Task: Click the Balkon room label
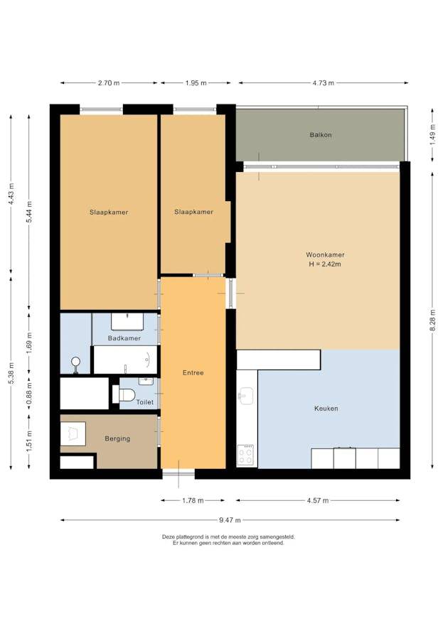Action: (321, 135)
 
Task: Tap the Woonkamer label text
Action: (325, 254)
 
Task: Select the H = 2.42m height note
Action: (325, 264)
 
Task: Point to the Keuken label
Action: (326, 409)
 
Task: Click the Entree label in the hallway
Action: (193, 373)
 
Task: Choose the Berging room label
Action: (117, 438)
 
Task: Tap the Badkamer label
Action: (124, 338)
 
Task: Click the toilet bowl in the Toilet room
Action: (124, 394)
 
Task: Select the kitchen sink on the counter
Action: (245, 396)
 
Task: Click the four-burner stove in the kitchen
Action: (245, 455)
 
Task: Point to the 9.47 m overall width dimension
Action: (230, 520)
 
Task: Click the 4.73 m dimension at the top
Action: (323, 83)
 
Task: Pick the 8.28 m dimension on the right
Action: (432, 320)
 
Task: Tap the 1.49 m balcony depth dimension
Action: (432, 135)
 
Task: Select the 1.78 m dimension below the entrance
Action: (193, 501)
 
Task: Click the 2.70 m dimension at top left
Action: (109, 83)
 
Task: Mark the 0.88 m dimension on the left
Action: (29, 394)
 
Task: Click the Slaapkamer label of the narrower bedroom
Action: (193, 212)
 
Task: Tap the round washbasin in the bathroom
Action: (75, 362)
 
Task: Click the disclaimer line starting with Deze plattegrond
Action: (228, 537)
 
